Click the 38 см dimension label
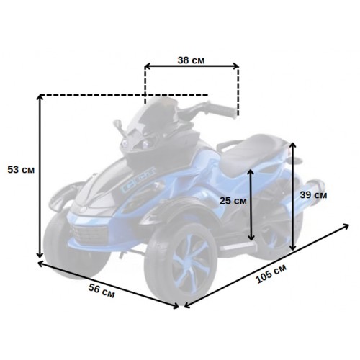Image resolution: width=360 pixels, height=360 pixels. [191, 60]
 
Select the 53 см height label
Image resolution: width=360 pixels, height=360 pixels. [21, 170]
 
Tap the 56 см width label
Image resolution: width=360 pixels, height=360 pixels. [102, 291]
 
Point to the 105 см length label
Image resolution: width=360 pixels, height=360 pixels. [271, 274]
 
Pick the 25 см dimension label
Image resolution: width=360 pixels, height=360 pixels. [233, 201]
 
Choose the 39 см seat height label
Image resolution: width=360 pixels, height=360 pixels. [313, 195]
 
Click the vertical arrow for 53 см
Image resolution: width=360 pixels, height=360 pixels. [40, 176]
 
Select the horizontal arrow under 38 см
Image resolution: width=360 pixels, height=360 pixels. [192, 66]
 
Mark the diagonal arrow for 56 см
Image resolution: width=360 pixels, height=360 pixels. [109, 284]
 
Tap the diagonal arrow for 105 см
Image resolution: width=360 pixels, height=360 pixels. [266, 266]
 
